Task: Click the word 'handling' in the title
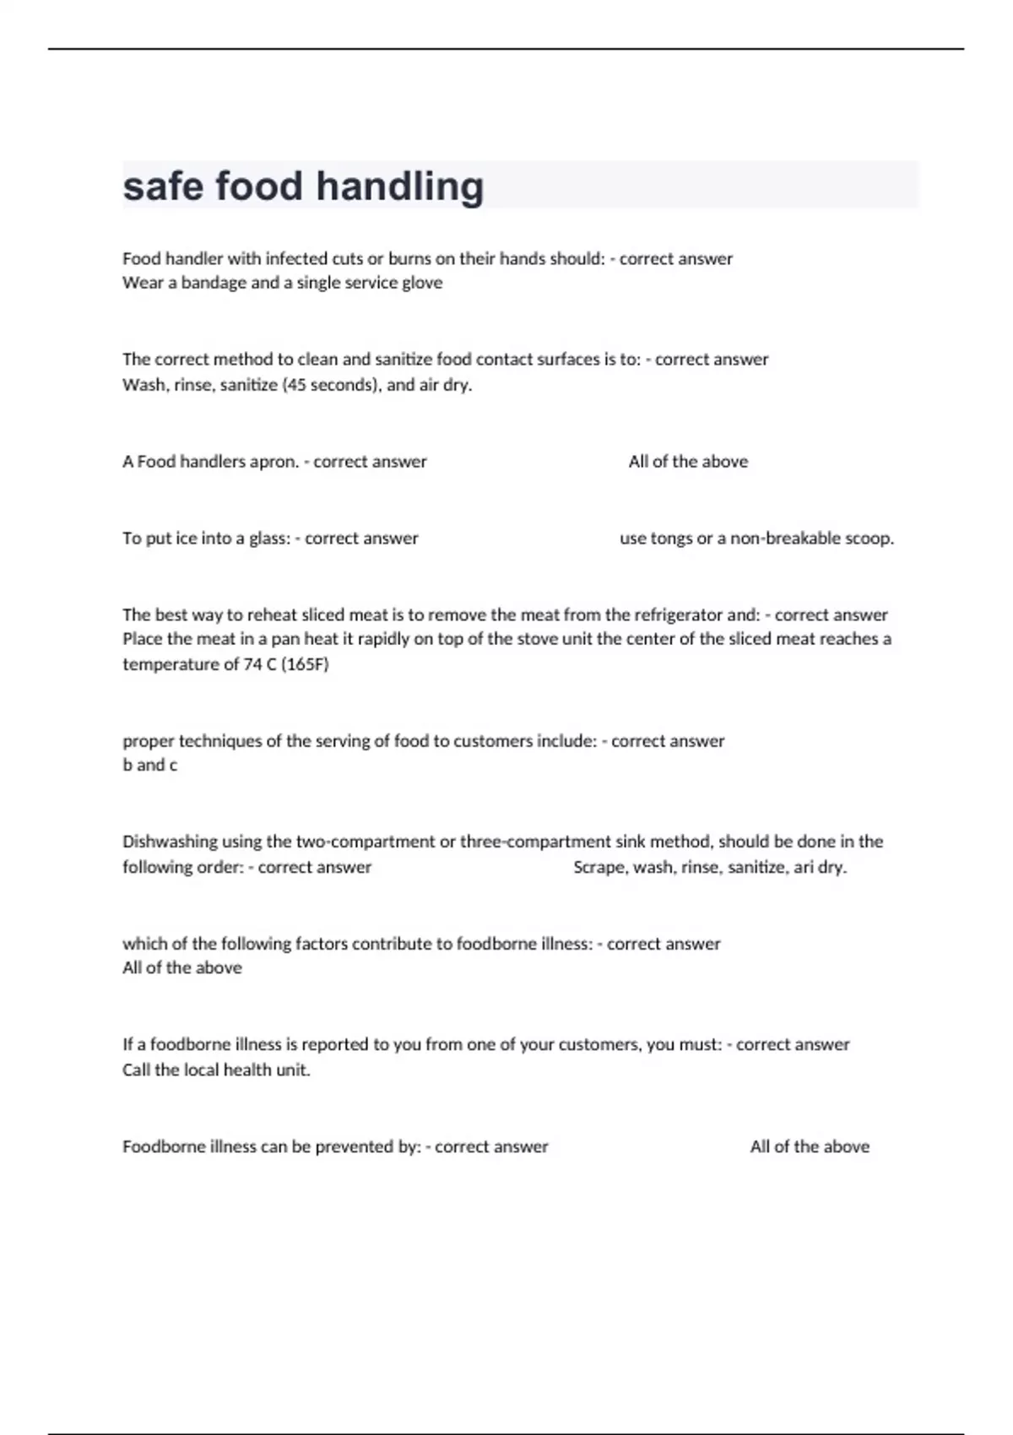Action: pos(400,187)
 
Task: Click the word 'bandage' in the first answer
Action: pos(214,283)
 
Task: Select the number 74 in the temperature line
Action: pos(252,664)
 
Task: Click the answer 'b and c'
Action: pos(150,766)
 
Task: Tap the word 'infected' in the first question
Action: pos(296,258)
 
